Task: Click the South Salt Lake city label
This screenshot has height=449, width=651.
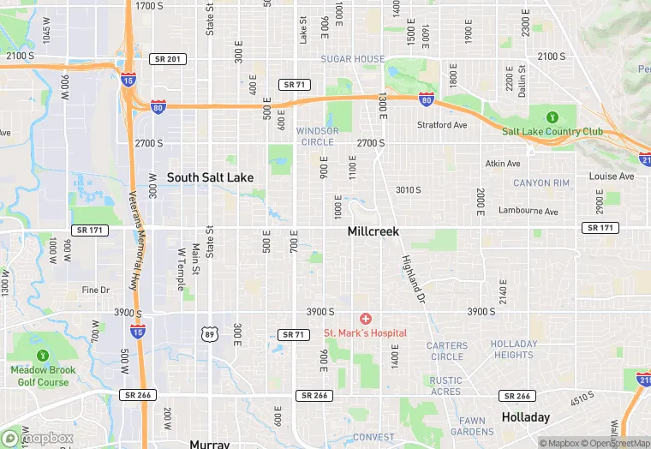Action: pos(210,177)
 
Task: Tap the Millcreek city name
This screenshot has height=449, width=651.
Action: pos(373,231)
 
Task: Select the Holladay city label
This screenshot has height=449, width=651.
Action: pos(525,417)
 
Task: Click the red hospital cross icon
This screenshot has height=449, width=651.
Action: pos(366,319)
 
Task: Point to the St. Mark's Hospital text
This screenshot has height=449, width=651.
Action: pos(365,332)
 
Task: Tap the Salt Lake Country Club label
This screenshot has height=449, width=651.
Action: pos(552,131)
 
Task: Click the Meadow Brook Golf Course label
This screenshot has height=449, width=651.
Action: pos(43,375)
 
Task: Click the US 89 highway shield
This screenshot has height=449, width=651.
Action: pos(209,333)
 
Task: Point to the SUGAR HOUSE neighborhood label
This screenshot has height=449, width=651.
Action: pos(352,59)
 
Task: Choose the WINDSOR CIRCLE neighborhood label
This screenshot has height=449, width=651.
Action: pos(317,135)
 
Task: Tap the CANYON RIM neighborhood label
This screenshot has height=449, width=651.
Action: pos(541,183)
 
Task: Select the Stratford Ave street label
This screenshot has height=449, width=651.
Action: pos(442,125)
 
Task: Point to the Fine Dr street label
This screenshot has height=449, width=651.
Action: pos(96,290)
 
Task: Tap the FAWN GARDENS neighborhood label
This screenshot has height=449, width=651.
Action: pos(473,426)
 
